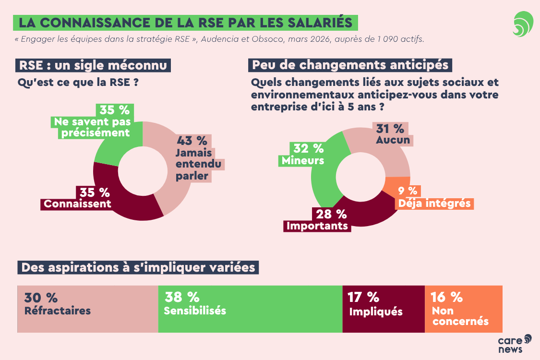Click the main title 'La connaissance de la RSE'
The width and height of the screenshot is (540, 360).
pyautogui.click(x=185, y=23)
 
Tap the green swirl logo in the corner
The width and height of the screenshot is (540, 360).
pyautogui.click(x=523, y=24)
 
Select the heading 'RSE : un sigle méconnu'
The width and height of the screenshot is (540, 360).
pyautogui.click(x=94, y=65)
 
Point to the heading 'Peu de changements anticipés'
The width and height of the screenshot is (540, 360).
pyautogui.click(x=350, y=65)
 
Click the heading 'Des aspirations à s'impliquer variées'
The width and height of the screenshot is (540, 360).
pyautogui.click(x=138, y=267)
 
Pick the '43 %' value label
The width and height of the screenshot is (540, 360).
pyautogui.click(x=192, y=141)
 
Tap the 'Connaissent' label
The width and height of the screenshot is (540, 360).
pyautogui.click(x=77, y=204)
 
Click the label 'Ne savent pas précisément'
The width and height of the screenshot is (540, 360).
pyautogui.click(x=92, y=127)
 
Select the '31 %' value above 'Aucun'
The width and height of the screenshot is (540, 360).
pyautogui.click(x=390, y=128)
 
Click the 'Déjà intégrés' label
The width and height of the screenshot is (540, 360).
pyautogui.click(x=434, y=203)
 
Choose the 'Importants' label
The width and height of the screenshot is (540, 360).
pyautogui.click(x=317, y=226)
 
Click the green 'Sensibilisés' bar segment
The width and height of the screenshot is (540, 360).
pyautogui.click(x=250, y=309)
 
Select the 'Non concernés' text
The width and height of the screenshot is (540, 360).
pyautogui.click(x=460, y=316)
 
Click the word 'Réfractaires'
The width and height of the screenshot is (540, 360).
pyautogui.click(x=58, y=311)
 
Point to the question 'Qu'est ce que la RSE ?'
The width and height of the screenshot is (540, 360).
pyautogui.click(x=78, y=83)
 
